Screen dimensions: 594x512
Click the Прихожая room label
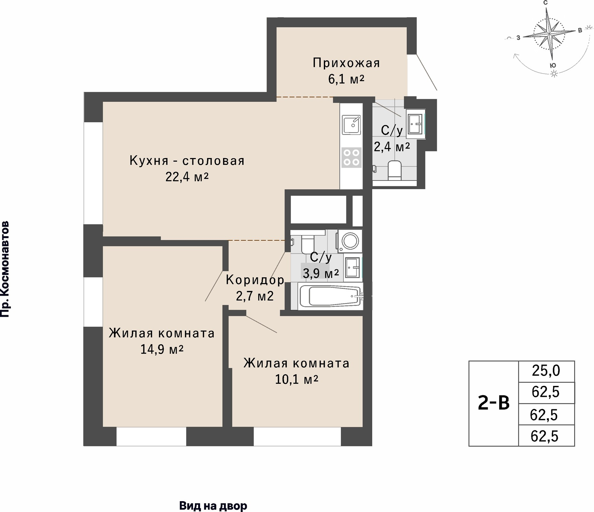tap(346, 63)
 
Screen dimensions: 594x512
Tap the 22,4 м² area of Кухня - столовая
tap(187, 177)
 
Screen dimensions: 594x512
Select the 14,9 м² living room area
tap(162, 349)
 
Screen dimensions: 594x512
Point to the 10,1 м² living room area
tap(297, 380)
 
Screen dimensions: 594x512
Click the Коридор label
tap(255, 280)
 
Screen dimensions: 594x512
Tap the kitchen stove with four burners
tap(351, 157)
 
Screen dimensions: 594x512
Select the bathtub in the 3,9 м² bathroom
tap(330, 296)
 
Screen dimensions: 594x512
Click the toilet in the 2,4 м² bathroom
tap(394, 171)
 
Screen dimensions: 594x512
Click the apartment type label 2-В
tap(494, 403)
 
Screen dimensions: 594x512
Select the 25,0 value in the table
tap(546, 371)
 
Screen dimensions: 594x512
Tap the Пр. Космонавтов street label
tap(5, 269)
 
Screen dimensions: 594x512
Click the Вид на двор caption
tap(213, 506)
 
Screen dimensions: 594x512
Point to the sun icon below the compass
tap(554, 74)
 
